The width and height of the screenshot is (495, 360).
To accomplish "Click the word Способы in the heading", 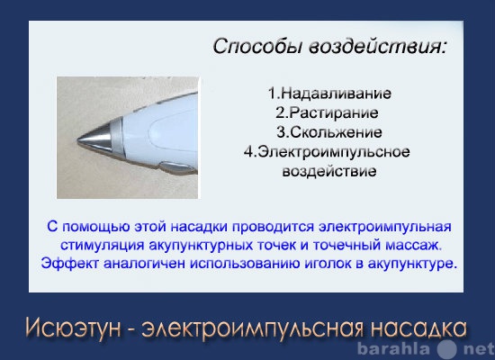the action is click(258, 47).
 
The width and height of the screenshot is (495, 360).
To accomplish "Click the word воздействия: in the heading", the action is click(378, 47).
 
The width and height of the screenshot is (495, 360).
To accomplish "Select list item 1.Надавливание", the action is click(329, 94).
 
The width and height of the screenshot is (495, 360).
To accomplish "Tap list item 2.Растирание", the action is click(327, 113).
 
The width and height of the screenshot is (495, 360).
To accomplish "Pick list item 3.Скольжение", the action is click(329, 132).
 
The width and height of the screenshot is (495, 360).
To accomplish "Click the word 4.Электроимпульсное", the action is click(327, 152).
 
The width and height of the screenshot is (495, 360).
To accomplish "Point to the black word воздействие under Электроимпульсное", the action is click(329, 172).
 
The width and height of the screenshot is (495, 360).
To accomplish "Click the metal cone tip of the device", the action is click(94, 139).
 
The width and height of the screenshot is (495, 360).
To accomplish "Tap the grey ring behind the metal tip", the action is click(117, 137).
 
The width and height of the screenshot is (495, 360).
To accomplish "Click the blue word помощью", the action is click(95, 228).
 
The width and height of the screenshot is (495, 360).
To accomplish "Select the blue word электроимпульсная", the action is click(384, 228).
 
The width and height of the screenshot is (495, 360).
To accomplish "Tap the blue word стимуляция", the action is click(102, 246).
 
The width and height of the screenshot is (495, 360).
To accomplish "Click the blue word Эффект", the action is click(70, 264).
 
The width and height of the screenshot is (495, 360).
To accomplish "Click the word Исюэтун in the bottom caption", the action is click(73, 328).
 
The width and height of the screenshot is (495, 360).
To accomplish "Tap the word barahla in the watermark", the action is click(393, 349).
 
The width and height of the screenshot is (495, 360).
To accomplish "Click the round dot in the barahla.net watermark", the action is click(447, 349).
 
